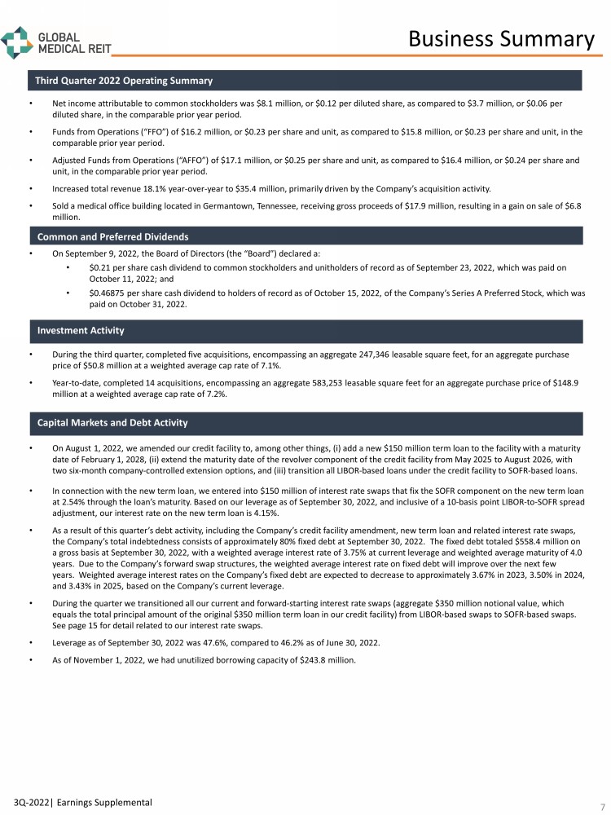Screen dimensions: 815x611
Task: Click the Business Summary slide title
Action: [x=501, y=38]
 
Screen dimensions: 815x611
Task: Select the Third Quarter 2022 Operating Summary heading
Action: [x=123, y=81]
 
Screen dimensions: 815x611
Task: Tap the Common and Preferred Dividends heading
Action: [x=112, y=236]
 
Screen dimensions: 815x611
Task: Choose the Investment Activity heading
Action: [x=81, y=331]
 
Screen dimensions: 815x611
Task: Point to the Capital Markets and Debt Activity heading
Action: [x=112, y=422]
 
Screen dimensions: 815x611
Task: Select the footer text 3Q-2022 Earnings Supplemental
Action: [x=77, y=803]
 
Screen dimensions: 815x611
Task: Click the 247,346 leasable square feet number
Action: [x=364, y=355]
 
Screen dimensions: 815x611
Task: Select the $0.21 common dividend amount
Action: [x=100, y=267]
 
